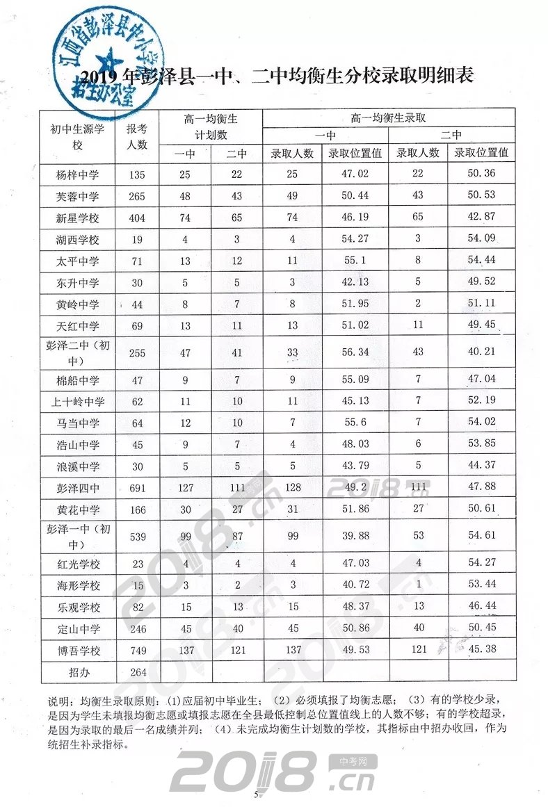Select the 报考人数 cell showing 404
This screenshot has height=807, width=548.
coord(138,218)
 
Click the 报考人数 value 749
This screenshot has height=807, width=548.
coord(138,651)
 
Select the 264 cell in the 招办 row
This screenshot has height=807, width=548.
coord(138,674)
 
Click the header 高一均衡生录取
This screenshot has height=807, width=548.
coord(388,118)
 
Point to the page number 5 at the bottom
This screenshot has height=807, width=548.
coord(256,794)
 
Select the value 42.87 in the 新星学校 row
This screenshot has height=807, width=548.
coord(481,218)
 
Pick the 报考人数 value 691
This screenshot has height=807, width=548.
coord(138,489)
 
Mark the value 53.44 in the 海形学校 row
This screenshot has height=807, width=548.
coord(481,585)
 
